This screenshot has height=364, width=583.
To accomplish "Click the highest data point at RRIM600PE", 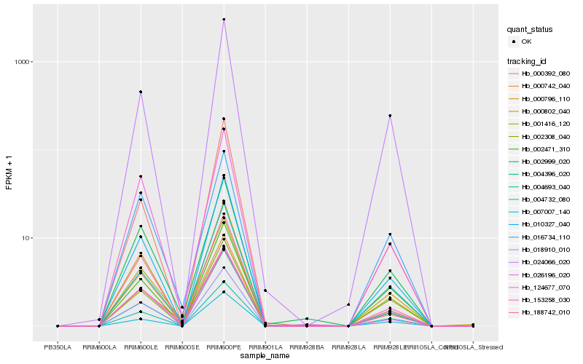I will (x=224, y=20).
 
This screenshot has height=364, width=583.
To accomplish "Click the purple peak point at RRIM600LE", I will (x=141, y=92).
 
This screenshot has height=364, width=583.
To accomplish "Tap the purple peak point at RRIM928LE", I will (x=390, y=116).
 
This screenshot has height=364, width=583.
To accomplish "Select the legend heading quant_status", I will (x=530, y=30).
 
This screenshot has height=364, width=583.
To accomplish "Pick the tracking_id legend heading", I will (x=528, y=60).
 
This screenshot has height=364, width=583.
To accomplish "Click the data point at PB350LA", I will (x=58, y=326).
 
